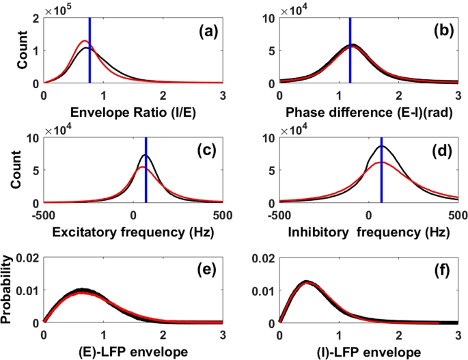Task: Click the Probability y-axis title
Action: pos(10,290)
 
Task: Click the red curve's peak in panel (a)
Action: pos(84,41)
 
